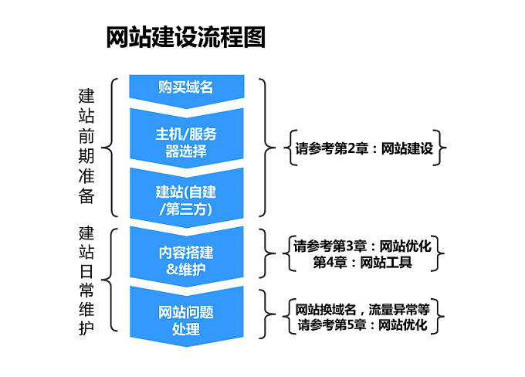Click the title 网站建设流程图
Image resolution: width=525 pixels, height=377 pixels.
point(186,37)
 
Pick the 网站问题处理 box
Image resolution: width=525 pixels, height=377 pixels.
point(187,317)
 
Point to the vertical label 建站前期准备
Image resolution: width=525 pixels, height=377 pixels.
point(86,147)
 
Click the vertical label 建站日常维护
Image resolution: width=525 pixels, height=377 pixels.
point(86,280)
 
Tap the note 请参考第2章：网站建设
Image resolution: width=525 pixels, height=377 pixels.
point(364,148)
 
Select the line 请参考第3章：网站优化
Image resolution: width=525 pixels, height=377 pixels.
point(362,246)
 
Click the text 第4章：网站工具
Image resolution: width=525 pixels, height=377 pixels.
point(362,262)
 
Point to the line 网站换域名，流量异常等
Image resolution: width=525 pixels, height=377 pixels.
point(362,309)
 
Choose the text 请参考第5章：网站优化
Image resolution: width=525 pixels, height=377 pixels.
point(362,324)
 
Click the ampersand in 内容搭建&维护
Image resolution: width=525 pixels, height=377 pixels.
point(171,269)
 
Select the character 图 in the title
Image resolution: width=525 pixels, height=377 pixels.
point(255,37)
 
